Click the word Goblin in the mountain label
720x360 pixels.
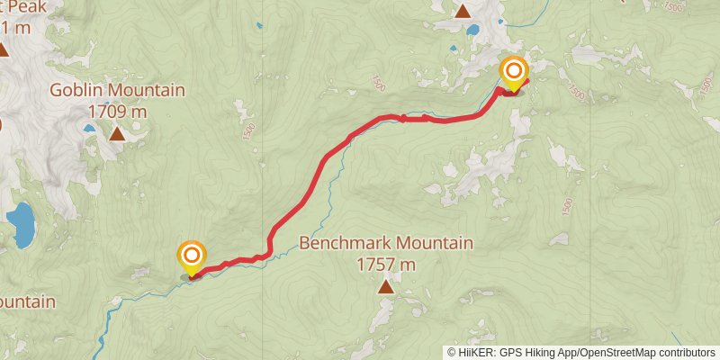coord(75,90)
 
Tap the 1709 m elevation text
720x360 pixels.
coord(117,111)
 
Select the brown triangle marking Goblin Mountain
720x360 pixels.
coord(117,134)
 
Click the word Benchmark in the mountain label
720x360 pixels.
coord(346,243)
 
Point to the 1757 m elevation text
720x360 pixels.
coord(385,265)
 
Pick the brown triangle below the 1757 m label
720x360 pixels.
coord(386,287)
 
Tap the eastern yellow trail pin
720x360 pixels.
coord(514,72)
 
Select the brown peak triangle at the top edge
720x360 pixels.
coord(463,12)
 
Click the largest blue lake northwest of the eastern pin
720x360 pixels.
coord(472,29)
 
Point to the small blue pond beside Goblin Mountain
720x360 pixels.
coord(89,129)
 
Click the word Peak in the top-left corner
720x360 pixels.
coord(21,6)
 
